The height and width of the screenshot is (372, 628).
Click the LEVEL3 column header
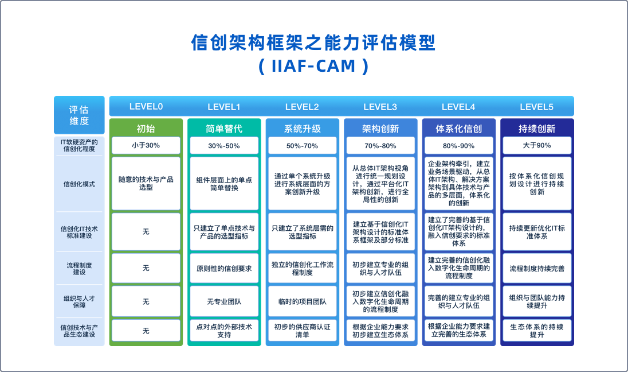tap(380, 107)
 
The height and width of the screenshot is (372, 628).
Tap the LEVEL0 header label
tap(146, 107)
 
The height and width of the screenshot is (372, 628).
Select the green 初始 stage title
tap(146, 129)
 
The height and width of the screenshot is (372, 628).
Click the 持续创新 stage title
tap(537, 129)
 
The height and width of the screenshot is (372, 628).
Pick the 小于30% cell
tap(146, 145)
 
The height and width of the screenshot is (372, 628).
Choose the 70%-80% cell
tap(380, 146)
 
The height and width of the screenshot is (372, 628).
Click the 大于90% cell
tap(537, 145)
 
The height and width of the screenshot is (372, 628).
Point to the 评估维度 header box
tap(79, 115)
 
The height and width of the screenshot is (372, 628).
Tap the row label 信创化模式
tap(79, 184)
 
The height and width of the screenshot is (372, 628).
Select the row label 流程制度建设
tap(79, 269)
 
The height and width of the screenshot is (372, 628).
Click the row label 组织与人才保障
tap(79, 302)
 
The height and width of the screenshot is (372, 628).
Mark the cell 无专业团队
tap(224, 301)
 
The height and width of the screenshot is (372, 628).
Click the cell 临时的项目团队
tap(302, 301)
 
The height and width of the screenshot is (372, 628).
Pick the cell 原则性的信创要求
tap(224, 269)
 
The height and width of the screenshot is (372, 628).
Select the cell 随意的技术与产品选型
tap(146, 183)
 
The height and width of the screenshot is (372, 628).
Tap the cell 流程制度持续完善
tap(537, 269)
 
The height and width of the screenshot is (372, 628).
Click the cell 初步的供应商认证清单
tap(302, 331)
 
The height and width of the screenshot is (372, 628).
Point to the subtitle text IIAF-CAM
tap(313, 66)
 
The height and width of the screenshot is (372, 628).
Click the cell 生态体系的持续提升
tap(537, 331)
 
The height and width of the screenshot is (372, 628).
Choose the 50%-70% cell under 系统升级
tap(302, 146)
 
